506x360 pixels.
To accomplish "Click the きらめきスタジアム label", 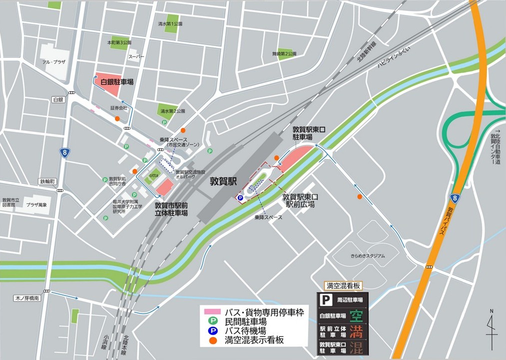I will pos(367,256).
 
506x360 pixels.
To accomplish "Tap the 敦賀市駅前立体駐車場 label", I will pos(171,209).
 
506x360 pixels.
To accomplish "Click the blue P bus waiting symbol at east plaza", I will pos(240,198).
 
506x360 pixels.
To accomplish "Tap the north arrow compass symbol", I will pos(492,330).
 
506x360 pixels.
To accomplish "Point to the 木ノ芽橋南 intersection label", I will pos(26,297).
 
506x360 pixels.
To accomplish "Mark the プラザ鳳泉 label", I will pos(37,205).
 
